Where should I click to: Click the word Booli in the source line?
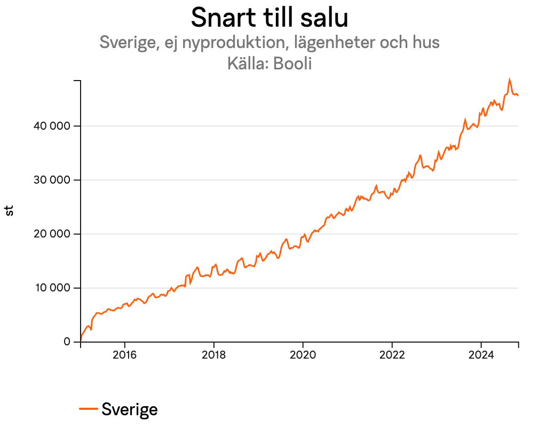point(292,64)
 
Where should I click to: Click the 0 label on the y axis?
point(67,342)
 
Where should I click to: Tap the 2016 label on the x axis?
point(124,355)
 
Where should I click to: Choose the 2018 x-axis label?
point(213,355)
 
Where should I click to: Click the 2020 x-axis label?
point(303,355)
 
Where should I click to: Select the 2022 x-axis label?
point(392,355)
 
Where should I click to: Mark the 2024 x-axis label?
point(481,355)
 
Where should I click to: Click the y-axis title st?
point(10,211)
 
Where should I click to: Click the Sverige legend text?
point(130,409)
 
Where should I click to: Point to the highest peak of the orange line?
point(509,80)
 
